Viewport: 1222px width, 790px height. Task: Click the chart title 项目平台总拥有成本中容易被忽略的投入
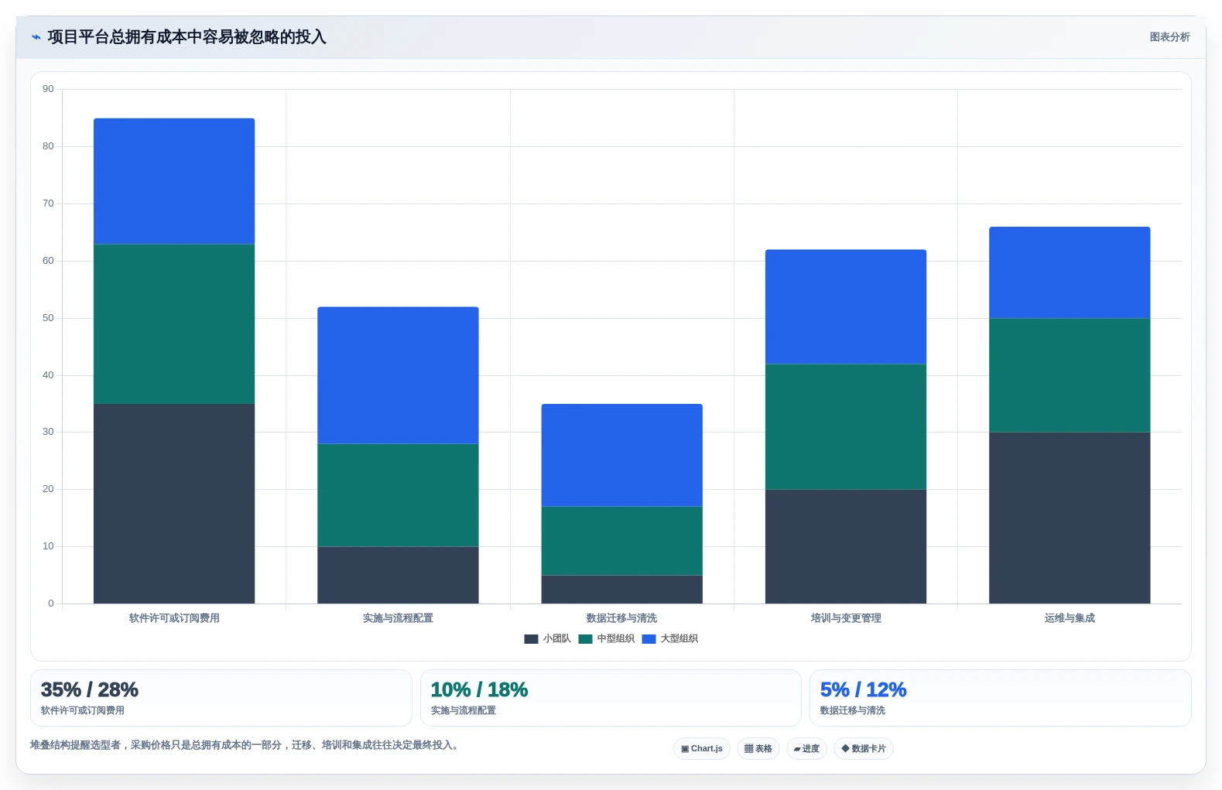(x=187, y=37)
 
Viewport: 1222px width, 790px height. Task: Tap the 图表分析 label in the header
(x=1169, y=37)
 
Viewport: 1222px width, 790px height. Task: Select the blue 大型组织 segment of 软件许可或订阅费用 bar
(x=174, y=181)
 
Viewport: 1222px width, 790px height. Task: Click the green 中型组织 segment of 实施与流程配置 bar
(x=398, y=495)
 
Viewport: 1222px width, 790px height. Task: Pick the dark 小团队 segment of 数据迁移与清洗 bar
(x=622, y=590)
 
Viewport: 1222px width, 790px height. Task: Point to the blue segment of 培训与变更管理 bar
(x=846, y=306)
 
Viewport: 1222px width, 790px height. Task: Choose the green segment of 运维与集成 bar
(x=1070, y=375)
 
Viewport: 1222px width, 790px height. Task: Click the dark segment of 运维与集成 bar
(x=1070, y=518)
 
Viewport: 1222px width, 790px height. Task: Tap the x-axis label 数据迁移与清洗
(x=621, y=618)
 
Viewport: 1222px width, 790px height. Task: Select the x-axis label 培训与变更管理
(x=846, y=618)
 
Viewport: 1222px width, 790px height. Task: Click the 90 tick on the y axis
(x=48, y=89)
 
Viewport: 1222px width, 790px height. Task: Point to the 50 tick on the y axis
(x=48, y=317)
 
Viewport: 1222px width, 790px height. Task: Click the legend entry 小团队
(x=548, y=639)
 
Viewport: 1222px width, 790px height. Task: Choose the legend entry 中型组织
(x=607, y=639)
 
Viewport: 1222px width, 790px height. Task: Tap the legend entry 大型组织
(x=670, y=639)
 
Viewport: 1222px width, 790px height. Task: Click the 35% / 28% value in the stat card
(x=90, y=689)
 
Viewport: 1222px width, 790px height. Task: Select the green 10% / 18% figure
(x=479, y=689)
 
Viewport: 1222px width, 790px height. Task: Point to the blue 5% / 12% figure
(x=863, y=689)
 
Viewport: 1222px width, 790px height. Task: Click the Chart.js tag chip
(x=702, y=748)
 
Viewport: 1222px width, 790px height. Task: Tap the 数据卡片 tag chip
(x=863, y=748)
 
